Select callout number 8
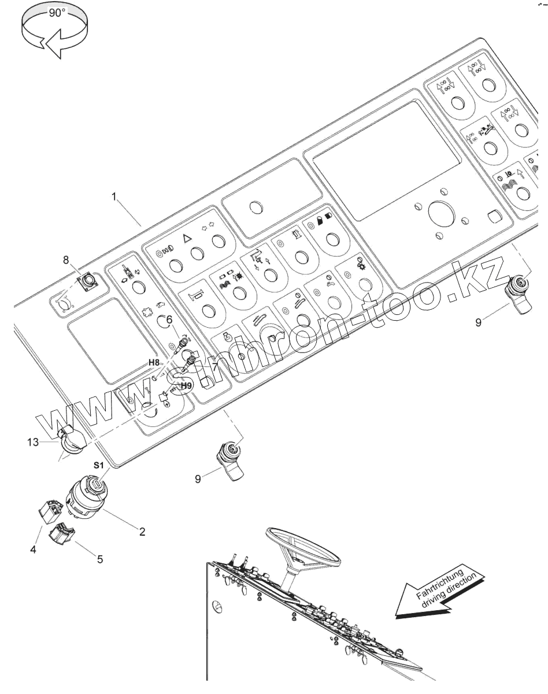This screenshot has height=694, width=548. click(66, 260)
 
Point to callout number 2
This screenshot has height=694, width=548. click(142, 530)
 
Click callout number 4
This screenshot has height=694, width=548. click(33, 550)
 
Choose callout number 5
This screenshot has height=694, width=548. click(100, 559)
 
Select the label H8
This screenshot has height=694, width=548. click(153, 362)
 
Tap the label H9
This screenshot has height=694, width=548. click(186, 385)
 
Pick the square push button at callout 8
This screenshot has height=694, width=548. click(88, 282)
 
